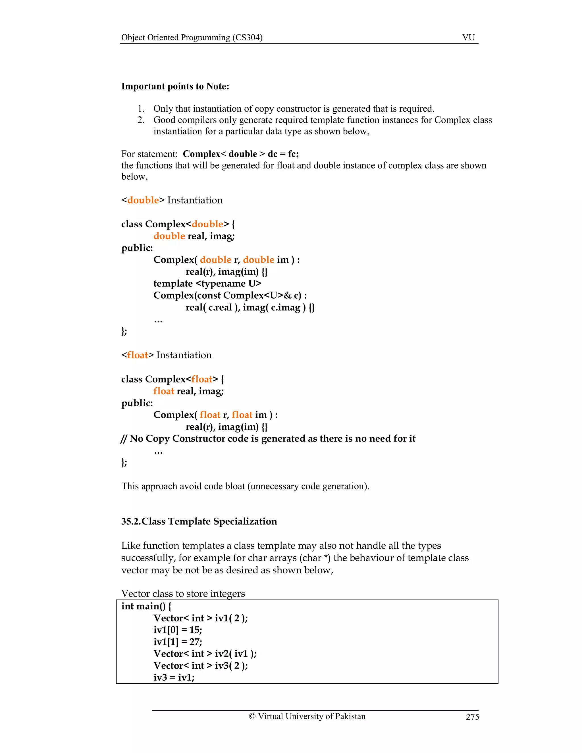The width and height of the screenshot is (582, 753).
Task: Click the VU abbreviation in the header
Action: pyautogui.click(x=468, y=37)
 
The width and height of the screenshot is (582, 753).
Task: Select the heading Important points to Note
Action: pyautogui.click(x=175, y=86)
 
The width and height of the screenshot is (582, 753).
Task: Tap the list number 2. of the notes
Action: pyautogui.click(x=141, y=120)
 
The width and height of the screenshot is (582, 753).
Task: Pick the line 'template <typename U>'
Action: pyautogui.click(x=207, y=283)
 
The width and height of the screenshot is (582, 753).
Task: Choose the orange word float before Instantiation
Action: pyautogui.click(x=138, y=355)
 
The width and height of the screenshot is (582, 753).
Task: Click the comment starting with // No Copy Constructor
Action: pyautogui.click(x=268, y=438)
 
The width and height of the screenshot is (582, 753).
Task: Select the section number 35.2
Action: pyautogui.click(x=131, y=521)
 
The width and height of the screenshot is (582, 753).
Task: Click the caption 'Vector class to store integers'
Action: pyautogui.click(x=183, y=594)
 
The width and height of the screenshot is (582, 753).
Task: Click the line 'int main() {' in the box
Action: pyautogui.click(x=146, y=606)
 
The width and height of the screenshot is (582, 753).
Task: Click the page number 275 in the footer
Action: pyautogui.click(x=472, y=717)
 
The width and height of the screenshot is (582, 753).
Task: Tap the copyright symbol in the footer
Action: pyautogui.click(x=252, y=716)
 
